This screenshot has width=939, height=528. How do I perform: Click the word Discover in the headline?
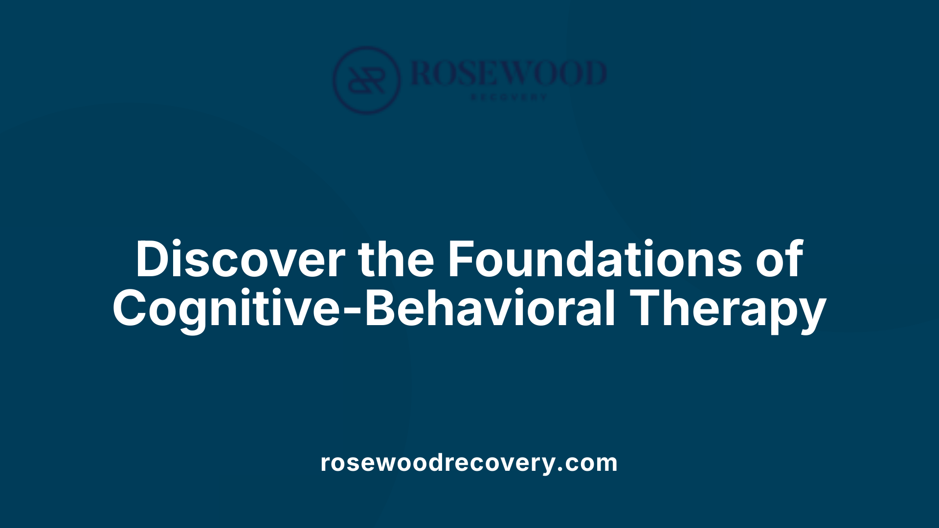[x=240, y=259]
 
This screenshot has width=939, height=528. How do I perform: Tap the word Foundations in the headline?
[x=595, y=259]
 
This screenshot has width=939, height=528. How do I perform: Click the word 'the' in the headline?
[x=396, y=259]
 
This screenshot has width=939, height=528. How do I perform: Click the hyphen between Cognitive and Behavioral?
[x=353, y=311]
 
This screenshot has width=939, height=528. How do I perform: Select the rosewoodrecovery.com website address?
[x=469, y=462]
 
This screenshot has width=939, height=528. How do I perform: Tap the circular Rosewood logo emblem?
[x=366, y=80]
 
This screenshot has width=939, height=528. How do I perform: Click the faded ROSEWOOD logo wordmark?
[x=509, y=73]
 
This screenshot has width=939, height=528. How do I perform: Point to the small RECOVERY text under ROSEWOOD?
[x=509, y=97]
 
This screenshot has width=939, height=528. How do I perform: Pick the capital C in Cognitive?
[x=131, y=309]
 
